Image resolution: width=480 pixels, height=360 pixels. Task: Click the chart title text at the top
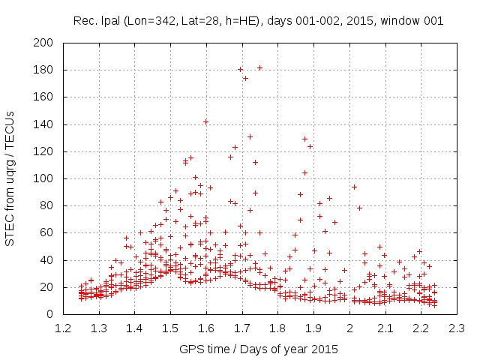pyautogui.click(x=259, y=20)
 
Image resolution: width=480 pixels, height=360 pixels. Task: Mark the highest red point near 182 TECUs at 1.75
pyautogui.click(x=260, y=67)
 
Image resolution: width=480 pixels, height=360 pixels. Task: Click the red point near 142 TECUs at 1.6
pyautogui.click(x=205, y=121)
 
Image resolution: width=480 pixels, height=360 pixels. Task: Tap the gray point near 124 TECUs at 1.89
pyautogui.click(x=310, y=146)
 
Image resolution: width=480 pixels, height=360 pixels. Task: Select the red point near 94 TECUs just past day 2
pyautogui.click(x=354, y=187)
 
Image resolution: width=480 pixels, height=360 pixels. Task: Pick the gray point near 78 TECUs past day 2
pyautogui.click(x=359, y=208)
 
